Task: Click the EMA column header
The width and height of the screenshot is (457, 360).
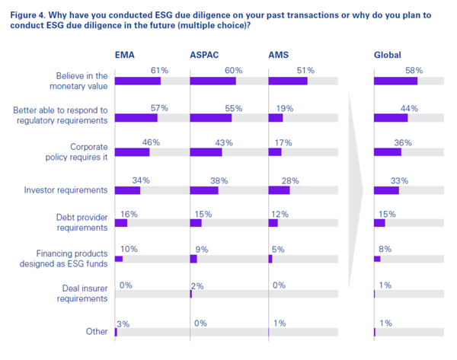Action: (125, 55)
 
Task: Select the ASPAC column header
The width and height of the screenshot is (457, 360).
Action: (206, 55)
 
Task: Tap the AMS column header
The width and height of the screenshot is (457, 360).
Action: (280, 55)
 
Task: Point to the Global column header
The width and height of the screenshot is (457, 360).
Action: (388, 55)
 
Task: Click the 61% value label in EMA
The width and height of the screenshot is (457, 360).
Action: (159, 70)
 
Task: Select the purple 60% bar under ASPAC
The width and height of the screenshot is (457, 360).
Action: (213, 81)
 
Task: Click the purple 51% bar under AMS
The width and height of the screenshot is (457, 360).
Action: (288, 81)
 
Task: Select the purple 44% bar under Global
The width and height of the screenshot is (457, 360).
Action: (391, 117)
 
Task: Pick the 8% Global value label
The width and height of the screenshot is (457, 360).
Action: (385, 249)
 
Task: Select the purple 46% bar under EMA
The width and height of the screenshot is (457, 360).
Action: (132, 151)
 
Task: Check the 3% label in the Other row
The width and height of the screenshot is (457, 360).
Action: (123, 323)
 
